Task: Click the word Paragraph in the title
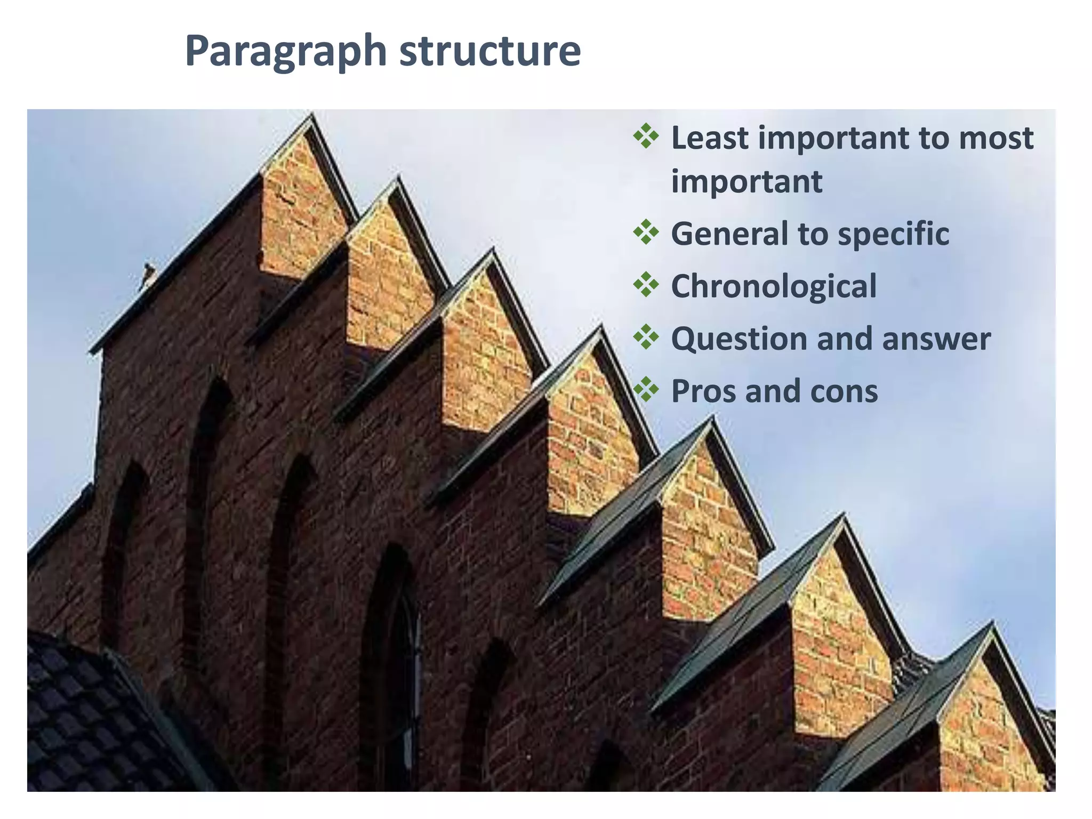(285, 52)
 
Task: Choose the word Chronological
(774, 286)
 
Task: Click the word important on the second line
(746, 182)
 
